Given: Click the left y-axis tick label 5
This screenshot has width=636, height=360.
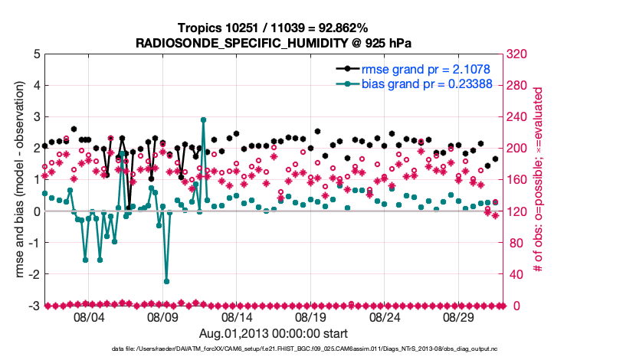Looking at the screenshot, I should tap(37, 54).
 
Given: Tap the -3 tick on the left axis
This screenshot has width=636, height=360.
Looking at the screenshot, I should tap(34, 306).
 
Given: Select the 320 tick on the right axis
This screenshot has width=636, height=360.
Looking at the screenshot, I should tap(518, 54).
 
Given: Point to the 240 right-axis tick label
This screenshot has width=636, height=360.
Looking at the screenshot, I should tap(518, 117).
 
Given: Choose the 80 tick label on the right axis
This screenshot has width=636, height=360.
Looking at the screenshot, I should tap(515, 243).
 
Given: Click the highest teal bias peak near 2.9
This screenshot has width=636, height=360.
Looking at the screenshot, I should tap(203, 120).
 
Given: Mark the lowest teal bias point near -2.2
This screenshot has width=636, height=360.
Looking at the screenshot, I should tap(166, 281).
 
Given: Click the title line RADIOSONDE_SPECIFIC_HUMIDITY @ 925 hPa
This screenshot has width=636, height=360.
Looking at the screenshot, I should tap(273, 42).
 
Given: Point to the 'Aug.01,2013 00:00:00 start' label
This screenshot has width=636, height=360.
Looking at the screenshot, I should tap(273, 333).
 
